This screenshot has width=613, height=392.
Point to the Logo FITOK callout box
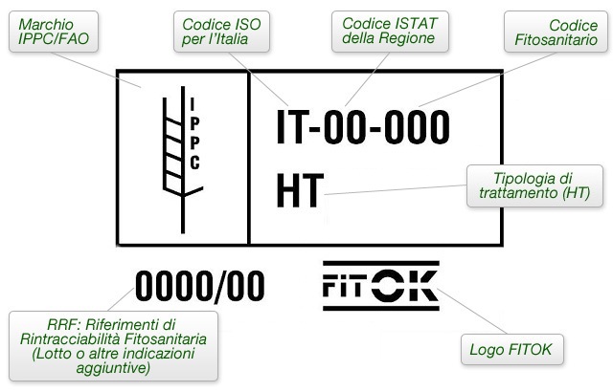tap(511, 348)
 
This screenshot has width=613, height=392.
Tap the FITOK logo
tap(380, 285)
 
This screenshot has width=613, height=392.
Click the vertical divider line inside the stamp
tap(249, 158)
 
